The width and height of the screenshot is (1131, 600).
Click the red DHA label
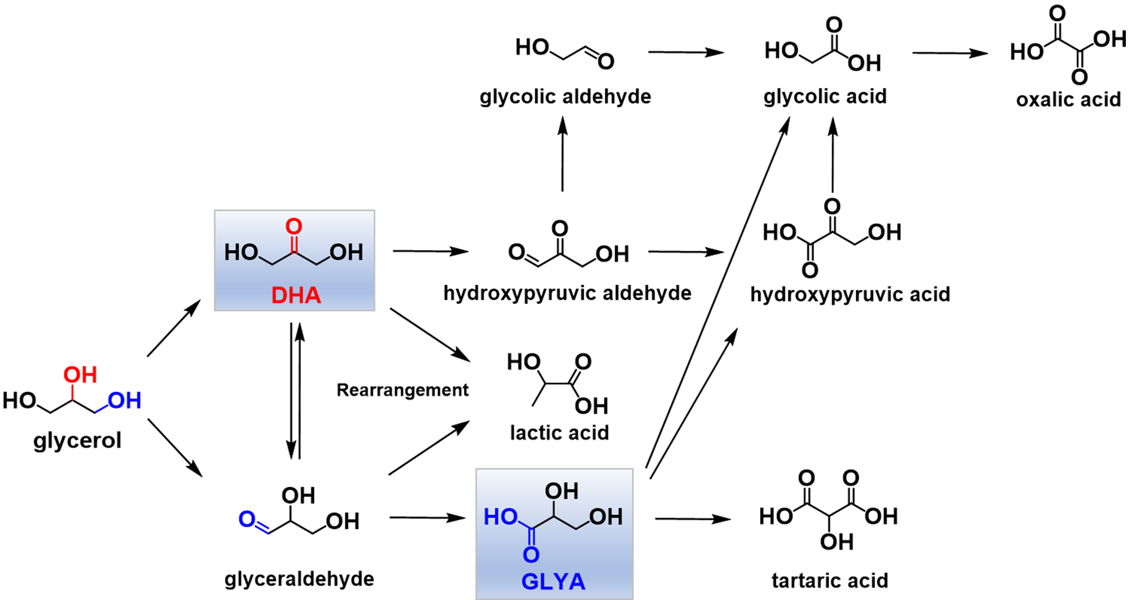[296, 295]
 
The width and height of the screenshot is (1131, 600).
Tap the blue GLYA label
[553, 581]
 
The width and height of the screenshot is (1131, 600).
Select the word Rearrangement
[402, 390]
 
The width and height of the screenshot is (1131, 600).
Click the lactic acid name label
[559, 433]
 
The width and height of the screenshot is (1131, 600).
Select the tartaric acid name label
[830, 581]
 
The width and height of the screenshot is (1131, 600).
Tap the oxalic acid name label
[1068, 100]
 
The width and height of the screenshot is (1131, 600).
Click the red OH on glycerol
[80, 375]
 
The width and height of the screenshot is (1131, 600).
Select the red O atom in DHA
[294, 227]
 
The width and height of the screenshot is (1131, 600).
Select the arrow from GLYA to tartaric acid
[692, 519]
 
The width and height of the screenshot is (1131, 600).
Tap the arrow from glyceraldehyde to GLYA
[427, 518]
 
